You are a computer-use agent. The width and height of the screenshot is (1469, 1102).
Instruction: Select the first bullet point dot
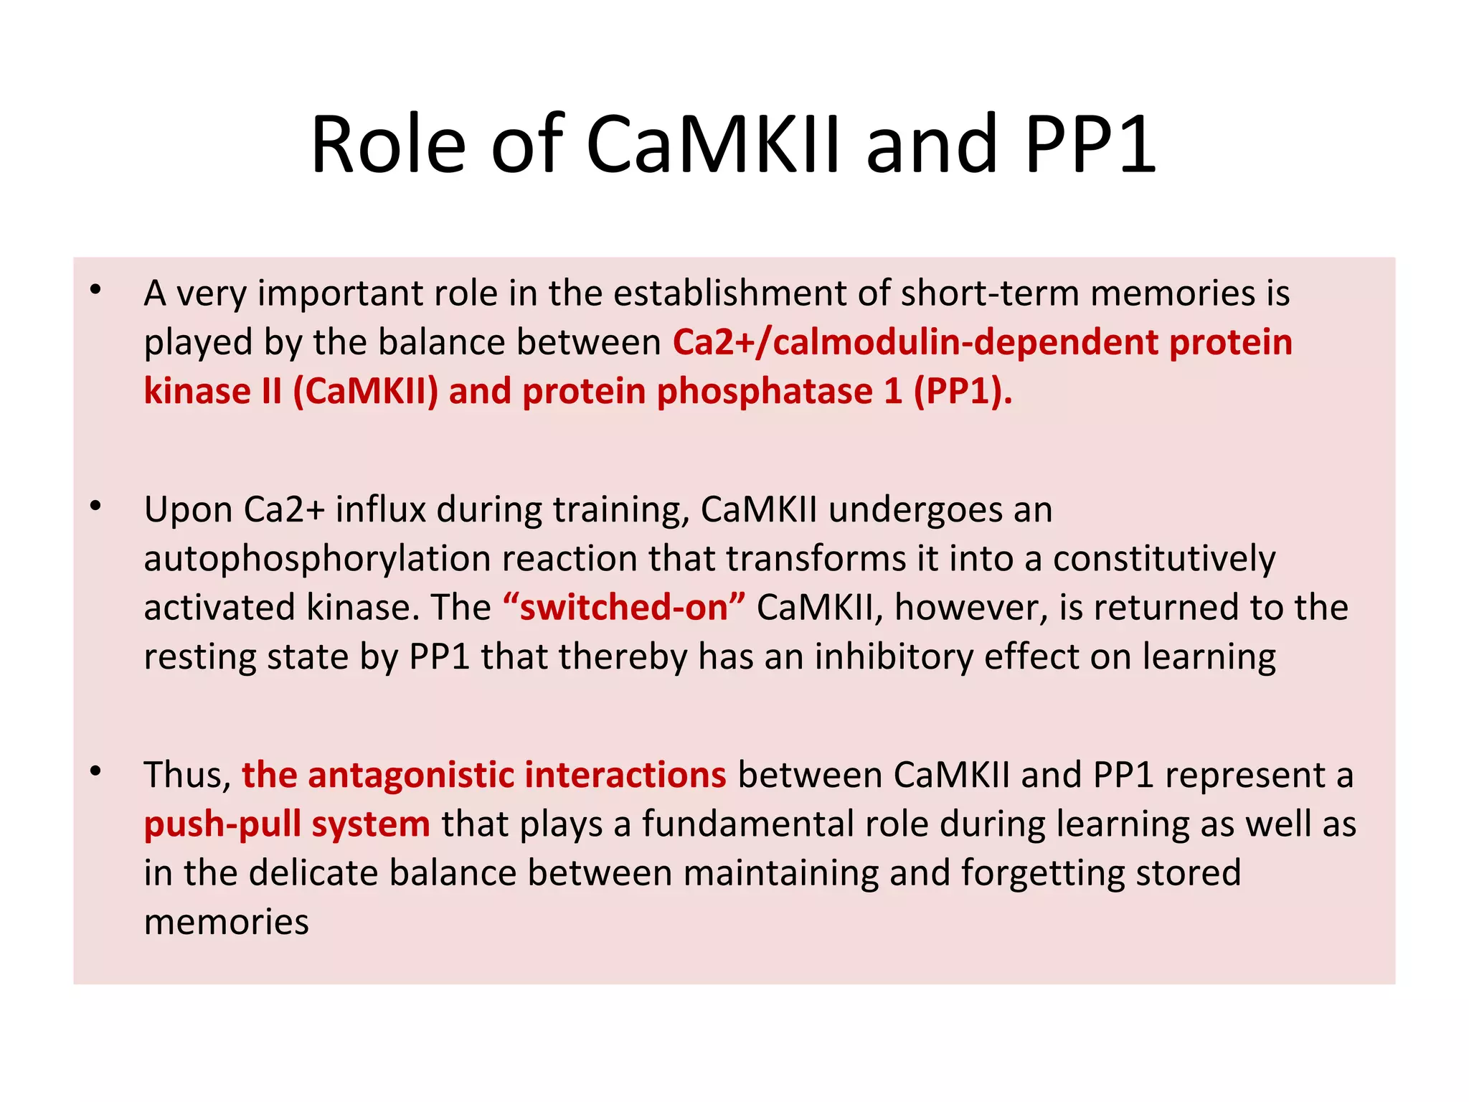click(96, 291)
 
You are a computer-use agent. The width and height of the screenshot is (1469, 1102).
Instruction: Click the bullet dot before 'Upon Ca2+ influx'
click(96, 507)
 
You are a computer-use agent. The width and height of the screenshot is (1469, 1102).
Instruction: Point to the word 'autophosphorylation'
click(316, 559)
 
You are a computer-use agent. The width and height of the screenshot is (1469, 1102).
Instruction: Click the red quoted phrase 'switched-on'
click(623, 608)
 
